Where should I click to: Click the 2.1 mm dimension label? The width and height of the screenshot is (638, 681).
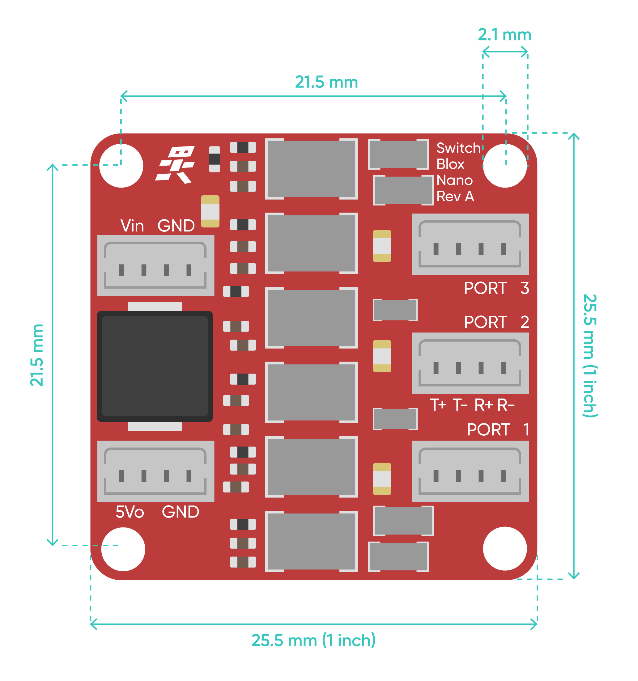click(x=504, y=35)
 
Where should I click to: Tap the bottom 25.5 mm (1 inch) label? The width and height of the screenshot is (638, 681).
click(x=313, y=640)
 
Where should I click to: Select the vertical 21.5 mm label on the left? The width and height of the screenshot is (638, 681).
click(x=37, y=355)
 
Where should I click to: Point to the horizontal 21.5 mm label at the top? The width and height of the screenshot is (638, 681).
click(x=326, y=82)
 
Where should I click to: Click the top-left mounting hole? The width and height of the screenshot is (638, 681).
click(x=121, y=166)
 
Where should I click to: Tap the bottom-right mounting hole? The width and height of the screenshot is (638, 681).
click(x=504, y=548)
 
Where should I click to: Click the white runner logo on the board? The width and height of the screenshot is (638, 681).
click(x=176, y=165)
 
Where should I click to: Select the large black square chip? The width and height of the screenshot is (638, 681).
click(x=155, y=366)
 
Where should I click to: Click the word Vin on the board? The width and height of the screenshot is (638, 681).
click(x=132, y=226)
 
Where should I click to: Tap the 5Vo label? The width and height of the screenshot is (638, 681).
click(x=130, y=512)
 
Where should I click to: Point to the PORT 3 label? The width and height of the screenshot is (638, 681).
click(x=496, y=288)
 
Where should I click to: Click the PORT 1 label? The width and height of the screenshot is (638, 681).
click(x=498, y=429)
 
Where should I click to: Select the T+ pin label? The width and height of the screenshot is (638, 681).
click(x=438, y=405)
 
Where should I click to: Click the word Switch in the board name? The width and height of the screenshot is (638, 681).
click(x=458, y=148)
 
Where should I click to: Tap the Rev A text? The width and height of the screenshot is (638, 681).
click(x=455, y=196)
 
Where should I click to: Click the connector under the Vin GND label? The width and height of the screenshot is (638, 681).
click(x=155, y=265)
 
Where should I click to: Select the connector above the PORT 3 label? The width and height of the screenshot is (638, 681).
click(x=470, y=244)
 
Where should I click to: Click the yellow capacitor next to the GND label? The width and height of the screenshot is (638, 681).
click(x=210, y=211)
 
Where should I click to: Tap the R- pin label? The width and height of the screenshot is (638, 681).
click(x=506, y=405)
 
